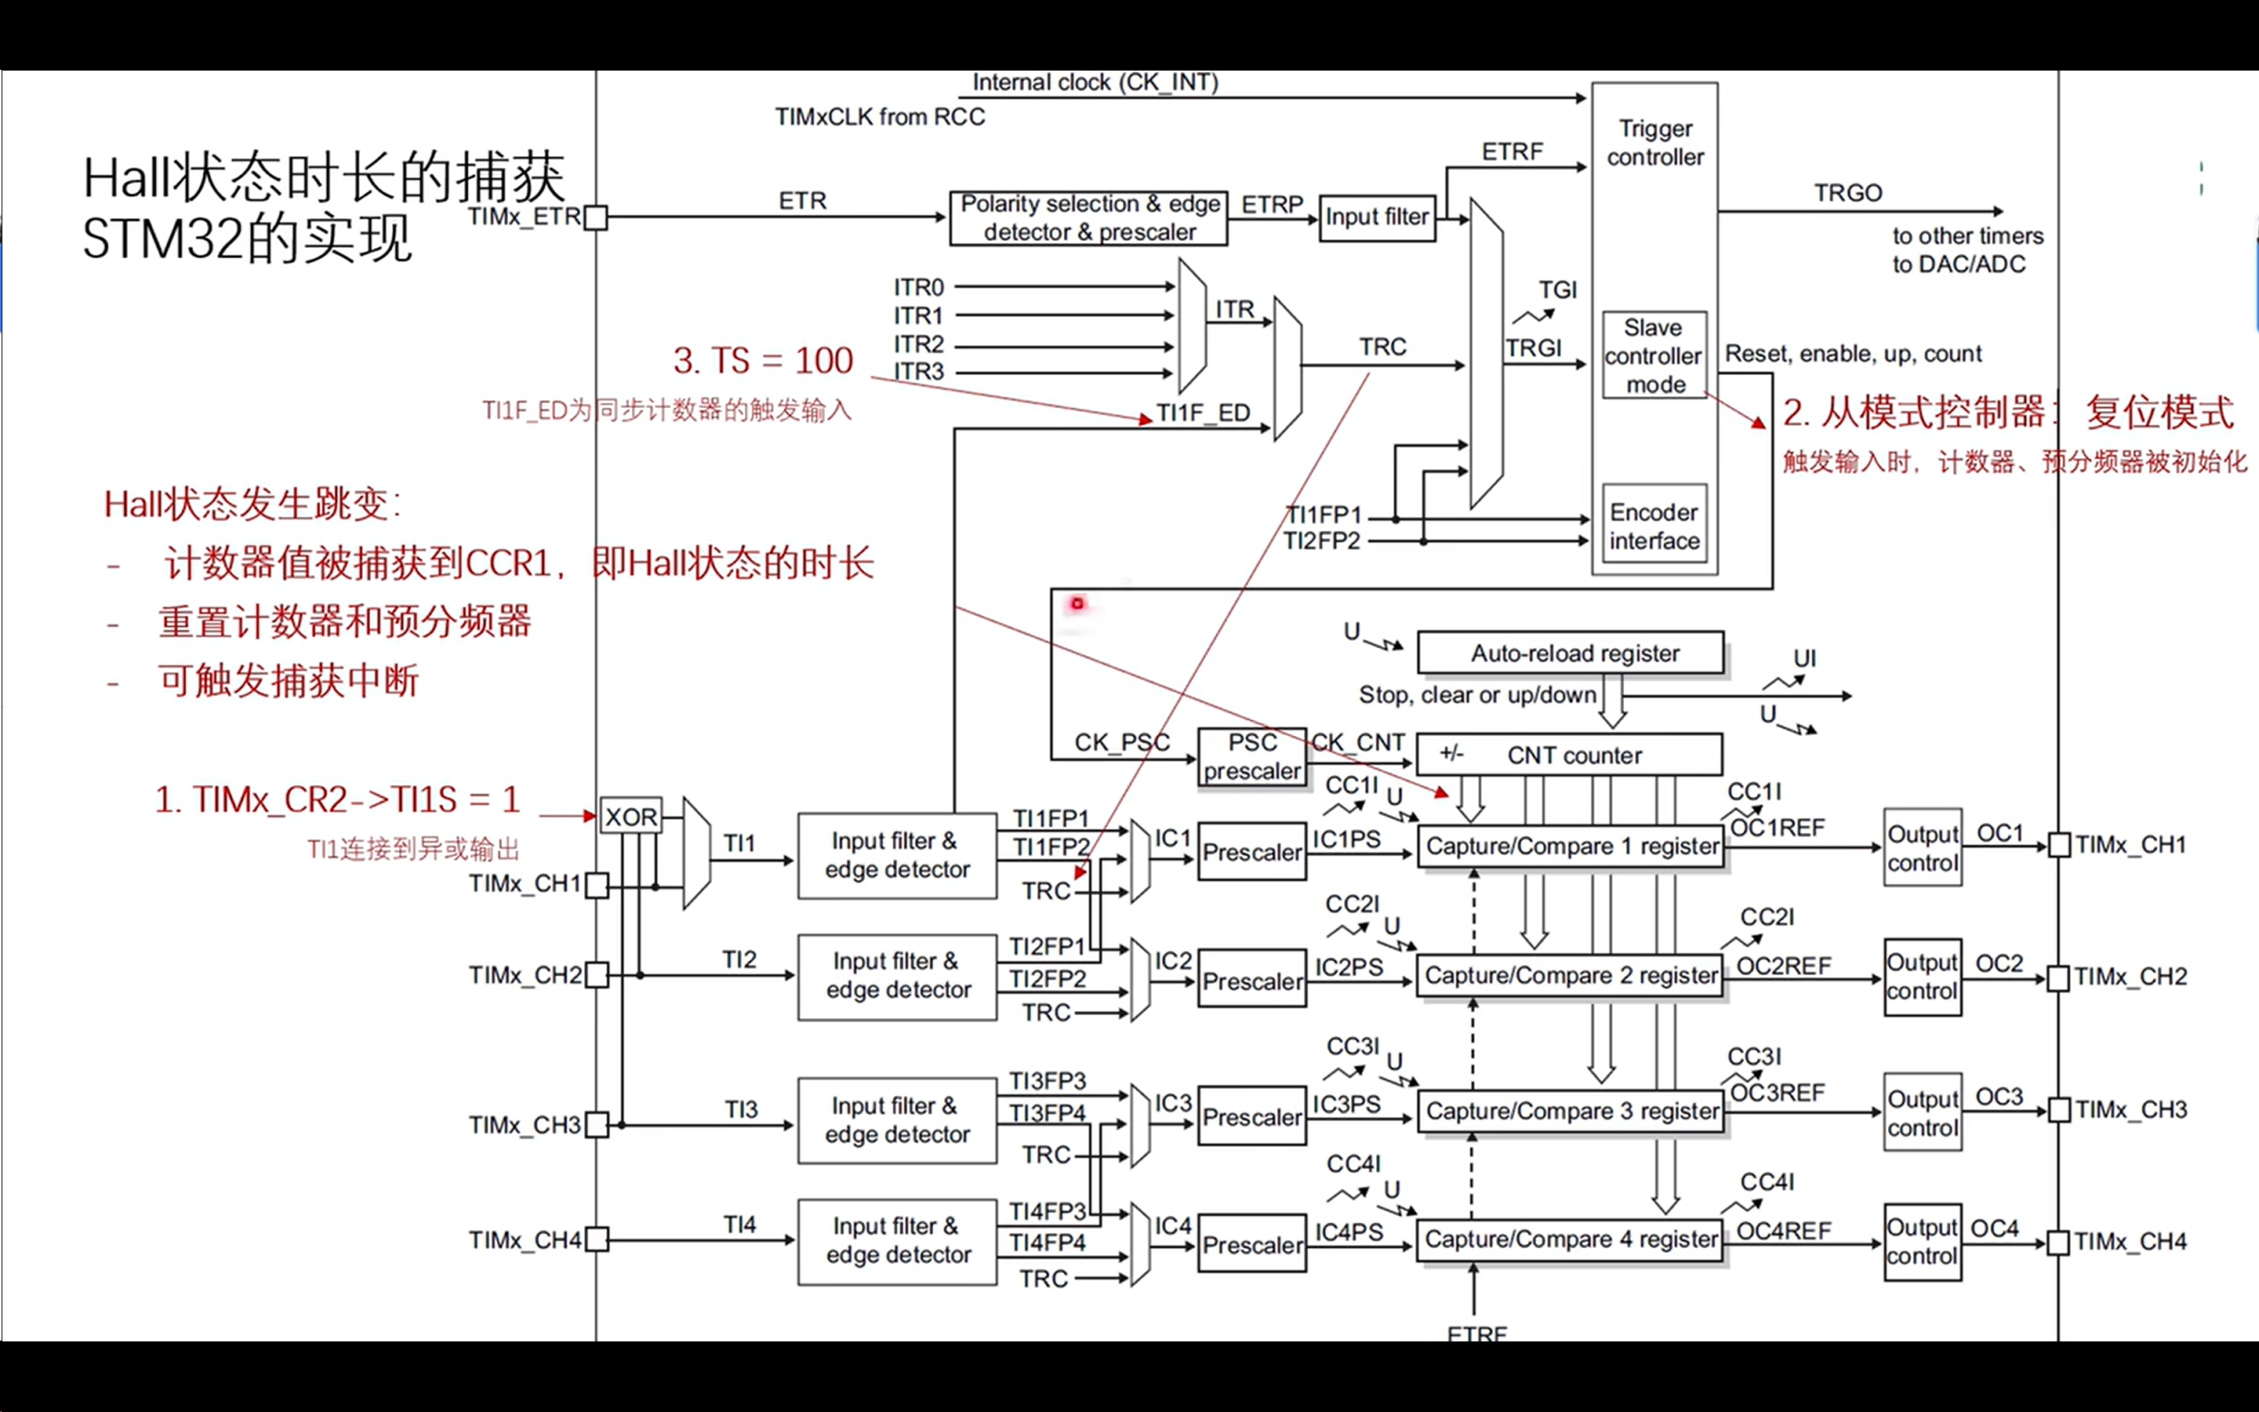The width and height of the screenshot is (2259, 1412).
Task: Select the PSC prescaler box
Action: pos(1251,756)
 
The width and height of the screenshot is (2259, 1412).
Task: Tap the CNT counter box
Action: pos(1569,755)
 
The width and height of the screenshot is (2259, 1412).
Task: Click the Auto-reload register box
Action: pos(1570,653)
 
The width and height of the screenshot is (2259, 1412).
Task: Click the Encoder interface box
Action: pos(1654,526)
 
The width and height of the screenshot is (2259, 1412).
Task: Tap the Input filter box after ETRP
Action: pos(1377,217)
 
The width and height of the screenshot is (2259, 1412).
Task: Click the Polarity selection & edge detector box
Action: pos(1088,219)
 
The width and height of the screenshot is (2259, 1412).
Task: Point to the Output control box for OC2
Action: pos(1922,977)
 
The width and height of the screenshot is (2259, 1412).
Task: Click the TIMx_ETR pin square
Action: pos(596,217)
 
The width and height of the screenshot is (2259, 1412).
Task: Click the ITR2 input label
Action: pos(918,344)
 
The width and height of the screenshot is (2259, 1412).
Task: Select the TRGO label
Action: pos(1847,193)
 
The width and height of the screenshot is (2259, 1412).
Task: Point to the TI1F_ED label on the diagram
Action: pos(1202,413)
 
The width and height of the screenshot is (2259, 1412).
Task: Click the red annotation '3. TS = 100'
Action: pos(763,361)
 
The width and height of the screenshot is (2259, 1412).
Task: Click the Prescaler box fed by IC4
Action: pos(1251,1244)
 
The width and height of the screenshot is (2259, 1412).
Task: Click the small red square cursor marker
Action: pos(1077,603)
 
